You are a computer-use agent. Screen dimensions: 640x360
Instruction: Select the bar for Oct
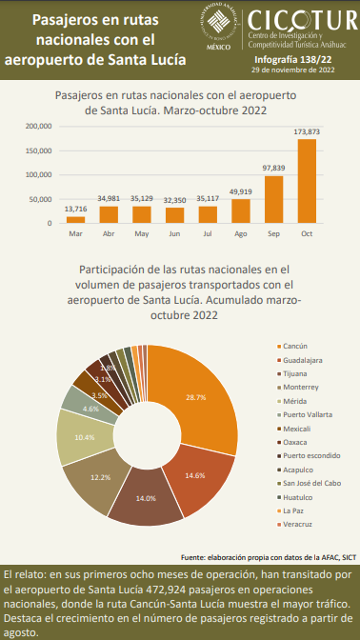pos(307,182)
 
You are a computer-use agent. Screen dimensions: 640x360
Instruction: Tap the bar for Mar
pos(75,220)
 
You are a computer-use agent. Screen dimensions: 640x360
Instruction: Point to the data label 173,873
pos(307,130)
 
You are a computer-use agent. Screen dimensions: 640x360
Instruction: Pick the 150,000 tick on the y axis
pos(39,150)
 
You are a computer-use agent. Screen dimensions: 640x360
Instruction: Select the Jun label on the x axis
pos(174,233)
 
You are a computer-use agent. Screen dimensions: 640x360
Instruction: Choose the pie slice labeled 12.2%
pos(95,476)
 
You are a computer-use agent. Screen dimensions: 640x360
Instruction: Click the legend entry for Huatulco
pos(299,498)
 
